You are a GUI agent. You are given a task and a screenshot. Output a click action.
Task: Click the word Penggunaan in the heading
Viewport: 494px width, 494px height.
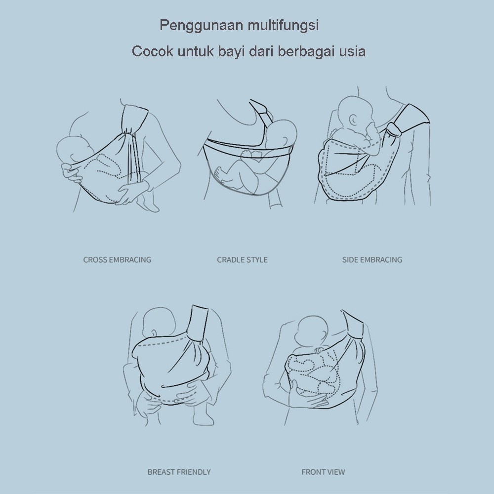[x=202, y=26]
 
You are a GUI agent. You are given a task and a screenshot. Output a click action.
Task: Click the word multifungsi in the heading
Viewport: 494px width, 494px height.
[x=283, y=25]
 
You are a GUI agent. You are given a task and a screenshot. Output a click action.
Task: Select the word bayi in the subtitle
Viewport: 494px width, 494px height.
[x=231, y=51]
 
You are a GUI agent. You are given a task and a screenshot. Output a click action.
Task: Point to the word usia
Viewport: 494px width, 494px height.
[x=352, y=51]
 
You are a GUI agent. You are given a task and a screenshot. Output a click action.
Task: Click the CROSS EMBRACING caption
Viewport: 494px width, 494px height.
[x=117, y=260]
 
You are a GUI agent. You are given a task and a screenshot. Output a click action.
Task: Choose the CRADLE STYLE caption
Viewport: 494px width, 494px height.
[x=242, y=260]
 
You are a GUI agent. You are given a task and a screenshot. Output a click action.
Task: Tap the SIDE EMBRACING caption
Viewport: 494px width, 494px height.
[x=372, y=260]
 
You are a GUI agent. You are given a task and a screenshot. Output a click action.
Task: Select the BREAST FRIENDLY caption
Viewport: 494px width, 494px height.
[x=179, y=472]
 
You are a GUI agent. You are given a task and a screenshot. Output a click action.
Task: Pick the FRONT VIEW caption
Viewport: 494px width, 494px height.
[x=323, y=472]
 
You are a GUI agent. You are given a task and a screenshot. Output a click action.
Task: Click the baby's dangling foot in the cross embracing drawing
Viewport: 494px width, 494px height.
[x=149, y=202]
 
